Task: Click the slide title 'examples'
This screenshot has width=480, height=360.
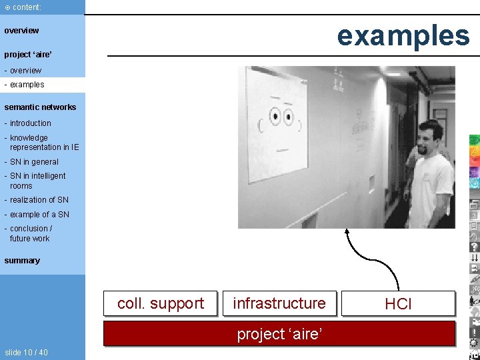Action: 403,35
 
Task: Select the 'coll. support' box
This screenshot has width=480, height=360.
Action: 161,303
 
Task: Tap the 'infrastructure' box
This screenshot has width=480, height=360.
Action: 279,303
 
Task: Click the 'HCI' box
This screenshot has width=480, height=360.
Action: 398,304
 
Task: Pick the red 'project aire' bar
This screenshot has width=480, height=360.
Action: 279,333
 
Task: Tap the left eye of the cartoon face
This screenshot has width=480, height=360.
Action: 274,118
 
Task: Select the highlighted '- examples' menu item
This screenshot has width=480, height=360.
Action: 27,85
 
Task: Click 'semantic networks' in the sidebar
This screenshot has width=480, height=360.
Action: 40,107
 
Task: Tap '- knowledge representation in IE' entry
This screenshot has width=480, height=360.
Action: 41,143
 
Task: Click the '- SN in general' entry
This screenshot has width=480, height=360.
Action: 31,162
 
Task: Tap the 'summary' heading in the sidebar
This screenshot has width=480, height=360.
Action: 22,261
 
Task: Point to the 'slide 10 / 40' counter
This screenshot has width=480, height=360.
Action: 26,352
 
